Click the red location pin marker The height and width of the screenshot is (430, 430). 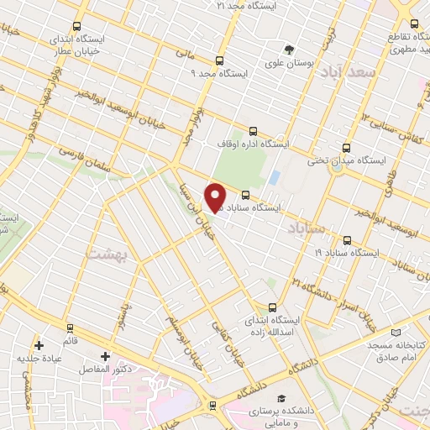click(x=215, y=197)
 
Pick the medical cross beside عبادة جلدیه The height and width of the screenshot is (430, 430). click(x=39, y=345)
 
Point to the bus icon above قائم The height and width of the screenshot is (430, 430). click(x=70, y=328)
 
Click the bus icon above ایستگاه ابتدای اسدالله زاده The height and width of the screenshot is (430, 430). click(x=270, y=307)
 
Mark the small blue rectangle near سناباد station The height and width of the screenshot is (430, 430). click(x=275, y=178)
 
